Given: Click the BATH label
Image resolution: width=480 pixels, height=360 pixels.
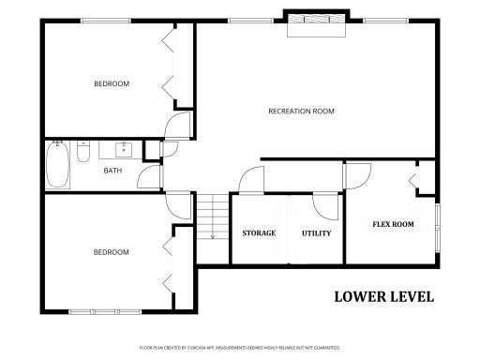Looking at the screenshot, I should tap(112, 171).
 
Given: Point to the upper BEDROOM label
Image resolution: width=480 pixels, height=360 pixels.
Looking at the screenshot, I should tap(111, 84).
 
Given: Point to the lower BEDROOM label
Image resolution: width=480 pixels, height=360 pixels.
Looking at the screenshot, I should tap(111, 251).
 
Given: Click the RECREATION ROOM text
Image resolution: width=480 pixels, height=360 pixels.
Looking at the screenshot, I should tap(301, 112).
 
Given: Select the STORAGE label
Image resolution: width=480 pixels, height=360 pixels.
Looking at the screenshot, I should tap(259, 232).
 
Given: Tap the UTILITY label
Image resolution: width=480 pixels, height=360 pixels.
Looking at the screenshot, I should tap(316, 232).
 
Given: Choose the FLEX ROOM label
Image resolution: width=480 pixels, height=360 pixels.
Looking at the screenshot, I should tap(393, 224).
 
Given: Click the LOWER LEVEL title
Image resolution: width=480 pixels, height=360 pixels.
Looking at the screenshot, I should tap(384, 297).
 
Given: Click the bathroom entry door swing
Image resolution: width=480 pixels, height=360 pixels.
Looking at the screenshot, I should tap(149, 177).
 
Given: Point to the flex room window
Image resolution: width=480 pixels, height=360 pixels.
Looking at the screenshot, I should tap(437, 225).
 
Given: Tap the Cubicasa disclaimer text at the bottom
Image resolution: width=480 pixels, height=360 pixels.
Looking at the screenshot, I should tap(239, 348).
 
